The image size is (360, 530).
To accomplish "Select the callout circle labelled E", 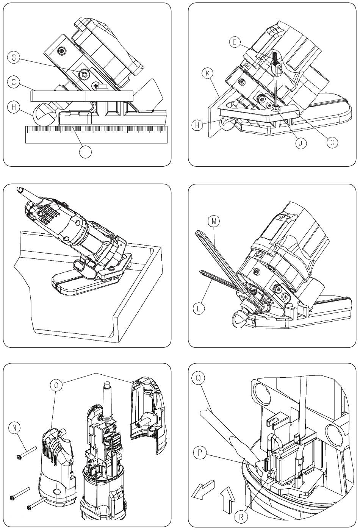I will [235, 42].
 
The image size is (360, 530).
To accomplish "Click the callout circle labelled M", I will [215, 221].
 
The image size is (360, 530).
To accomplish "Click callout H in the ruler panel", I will [14, 108].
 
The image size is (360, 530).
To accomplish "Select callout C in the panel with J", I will [332, 142].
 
